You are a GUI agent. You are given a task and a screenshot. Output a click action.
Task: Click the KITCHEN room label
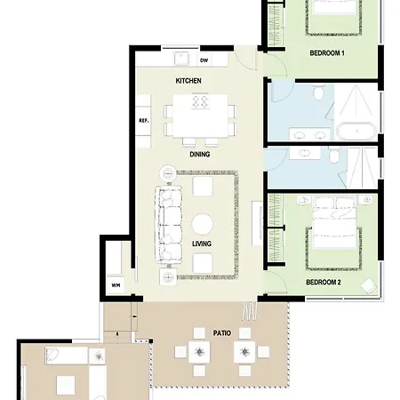click(x=188, y=81)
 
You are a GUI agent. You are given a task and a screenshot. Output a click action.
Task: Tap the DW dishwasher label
click(x=204, y=60)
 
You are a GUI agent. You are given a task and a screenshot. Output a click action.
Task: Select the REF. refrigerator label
click(x=144, y=121)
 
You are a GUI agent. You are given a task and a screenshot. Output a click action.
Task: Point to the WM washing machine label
click(x=116, y=285)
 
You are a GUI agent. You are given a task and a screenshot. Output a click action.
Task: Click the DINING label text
click(x=200, y=154)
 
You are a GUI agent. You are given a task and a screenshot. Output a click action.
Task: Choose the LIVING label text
click(x=202, y=244)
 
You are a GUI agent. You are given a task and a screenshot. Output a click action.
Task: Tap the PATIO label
click(x=222, y=333)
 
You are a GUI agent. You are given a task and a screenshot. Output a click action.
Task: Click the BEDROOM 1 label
click(x=327, y=53)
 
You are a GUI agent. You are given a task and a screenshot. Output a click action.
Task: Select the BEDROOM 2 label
click(x=324, y=282)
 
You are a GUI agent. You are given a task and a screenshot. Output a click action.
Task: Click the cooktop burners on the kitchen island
click(x=201, y=101)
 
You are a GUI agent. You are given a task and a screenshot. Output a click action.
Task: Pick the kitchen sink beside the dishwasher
click(x=181, y=58)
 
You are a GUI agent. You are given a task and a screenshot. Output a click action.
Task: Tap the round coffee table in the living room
click(x=202, y=224)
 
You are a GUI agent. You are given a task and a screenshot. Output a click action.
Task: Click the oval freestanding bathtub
click(x=356, y=131)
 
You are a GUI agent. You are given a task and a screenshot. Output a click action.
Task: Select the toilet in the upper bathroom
click(x=319, y=92)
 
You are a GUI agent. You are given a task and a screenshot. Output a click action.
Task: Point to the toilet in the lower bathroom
click(x=334, y=156)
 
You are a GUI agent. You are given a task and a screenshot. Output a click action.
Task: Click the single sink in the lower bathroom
click(x=305, y=153)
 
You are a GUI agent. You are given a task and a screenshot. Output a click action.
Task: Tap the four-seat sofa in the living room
click(x=168, y=224)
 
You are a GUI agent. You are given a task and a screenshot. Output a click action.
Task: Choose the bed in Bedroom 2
click(x=334, y=222)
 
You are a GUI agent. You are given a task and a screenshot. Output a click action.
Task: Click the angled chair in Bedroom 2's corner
click(x=369, y=285)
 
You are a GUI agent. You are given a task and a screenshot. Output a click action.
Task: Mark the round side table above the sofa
click(x=168, y=173)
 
